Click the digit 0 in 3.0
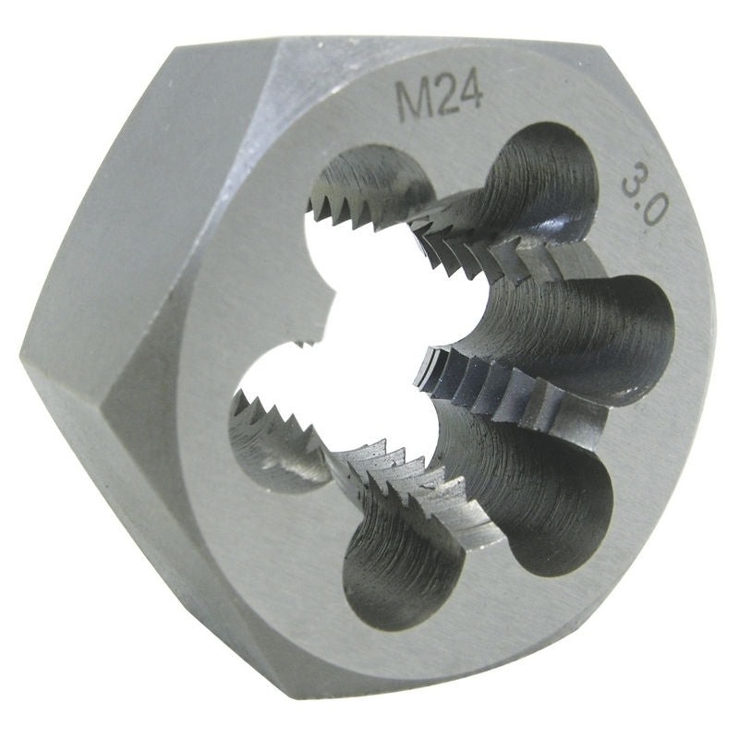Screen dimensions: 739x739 [651, 212]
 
